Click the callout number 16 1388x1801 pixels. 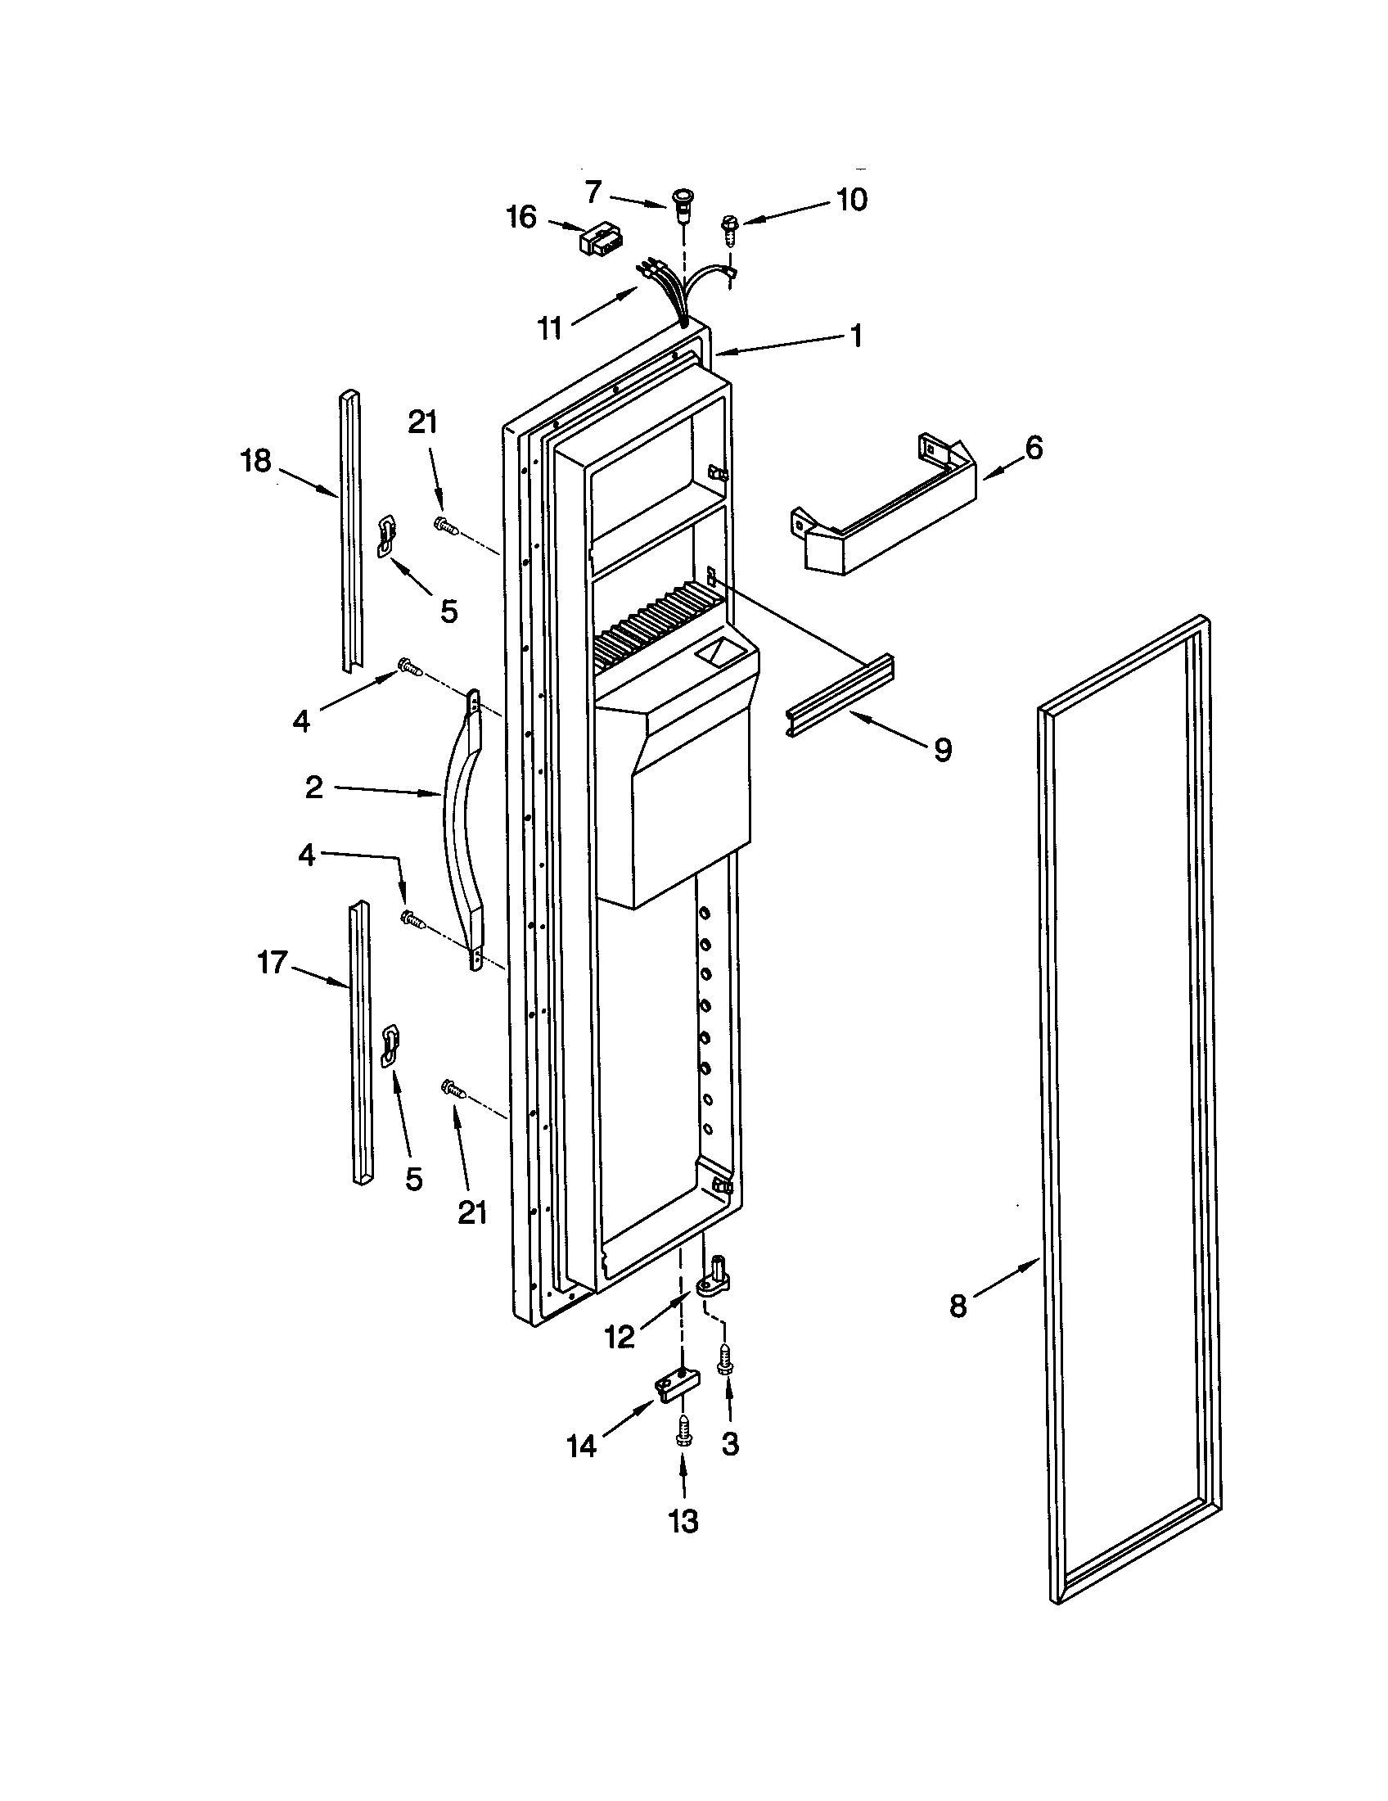[522, 218]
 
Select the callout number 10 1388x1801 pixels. [852, 200]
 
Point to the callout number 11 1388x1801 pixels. [549, 328]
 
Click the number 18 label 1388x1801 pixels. [255, 461]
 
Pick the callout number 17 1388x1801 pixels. [272, 963]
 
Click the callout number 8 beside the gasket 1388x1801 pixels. [958, 1307]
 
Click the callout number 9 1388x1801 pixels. [943, 750]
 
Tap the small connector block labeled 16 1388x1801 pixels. [601, 240]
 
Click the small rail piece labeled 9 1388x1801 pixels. [840, 684]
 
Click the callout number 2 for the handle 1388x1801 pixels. [313, 788]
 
